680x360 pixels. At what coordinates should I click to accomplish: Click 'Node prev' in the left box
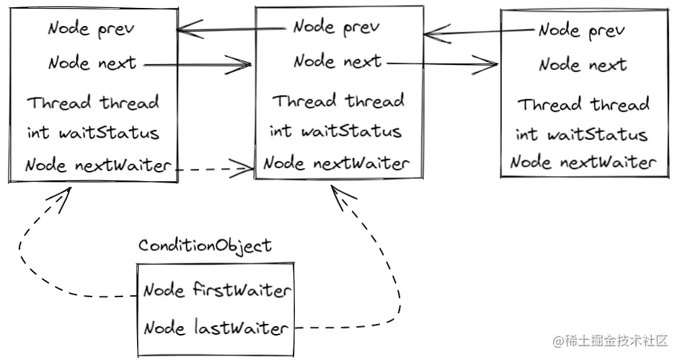(91, 30)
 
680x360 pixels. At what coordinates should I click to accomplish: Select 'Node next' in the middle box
(337, 61)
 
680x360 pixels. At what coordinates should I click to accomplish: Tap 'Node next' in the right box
(583, 65)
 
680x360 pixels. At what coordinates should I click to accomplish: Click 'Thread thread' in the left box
(93, 103)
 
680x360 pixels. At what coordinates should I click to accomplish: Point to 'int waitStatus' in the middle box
(335, 132)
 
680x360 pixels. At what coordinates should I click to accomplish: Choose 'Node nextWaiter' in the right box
(583, 162)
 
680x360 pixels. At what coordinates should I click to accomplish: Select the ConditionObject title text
(205, 246)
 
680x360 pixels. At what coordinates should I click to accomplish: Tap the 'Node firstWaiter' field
(216, 291)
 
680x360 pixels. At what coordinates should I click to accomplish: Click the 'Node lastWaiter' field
(216, 329)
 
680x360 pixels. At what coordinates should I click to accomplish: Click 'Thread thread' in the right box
(583, 105)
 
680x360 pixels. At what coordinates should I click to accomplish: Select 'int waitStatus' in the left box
(93, 133)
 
